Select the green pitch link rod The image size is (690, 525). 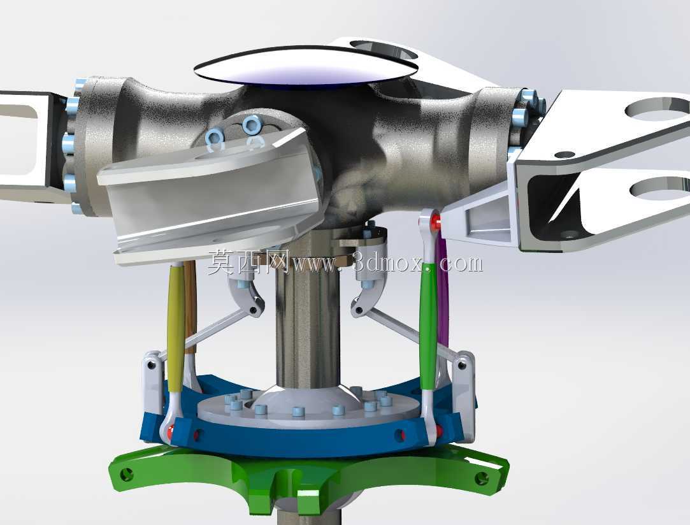[428, 326]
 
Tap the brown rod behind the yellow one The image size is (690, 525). [190, 304]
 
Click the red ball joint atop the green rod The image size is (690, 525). [436, 220]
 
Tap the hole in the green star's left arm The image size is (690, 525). [127, 474]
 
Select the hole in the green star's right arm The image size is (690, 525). [482, 477]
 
